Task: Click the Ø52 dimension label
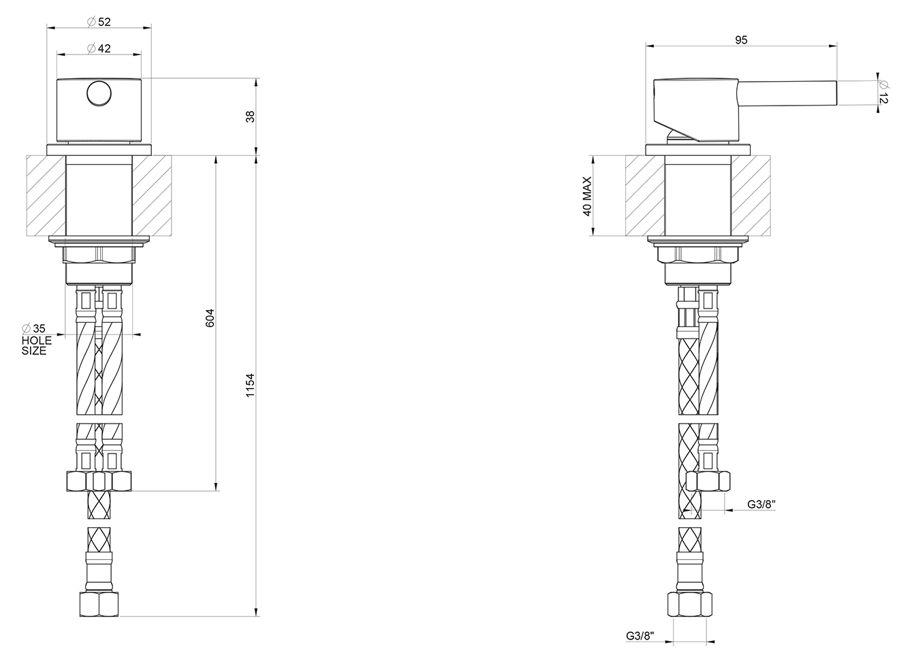(x=99, y=22)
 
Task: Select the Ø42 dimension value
(x=99, y=48)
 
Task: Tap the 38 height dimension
(x=250, y=116)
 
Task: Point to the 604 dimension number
(x=210, y=318)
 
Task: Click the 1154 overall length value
(x=250, y=385)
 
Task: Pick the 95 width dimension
(x=742, y=40)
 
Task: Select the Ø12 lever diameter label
(x=883, y=93)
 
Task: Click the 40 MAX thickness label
(x=587, y=196)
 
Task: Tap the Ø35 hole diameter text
(x=34, y=328)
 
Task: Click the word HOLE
(x=37, y=341)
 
